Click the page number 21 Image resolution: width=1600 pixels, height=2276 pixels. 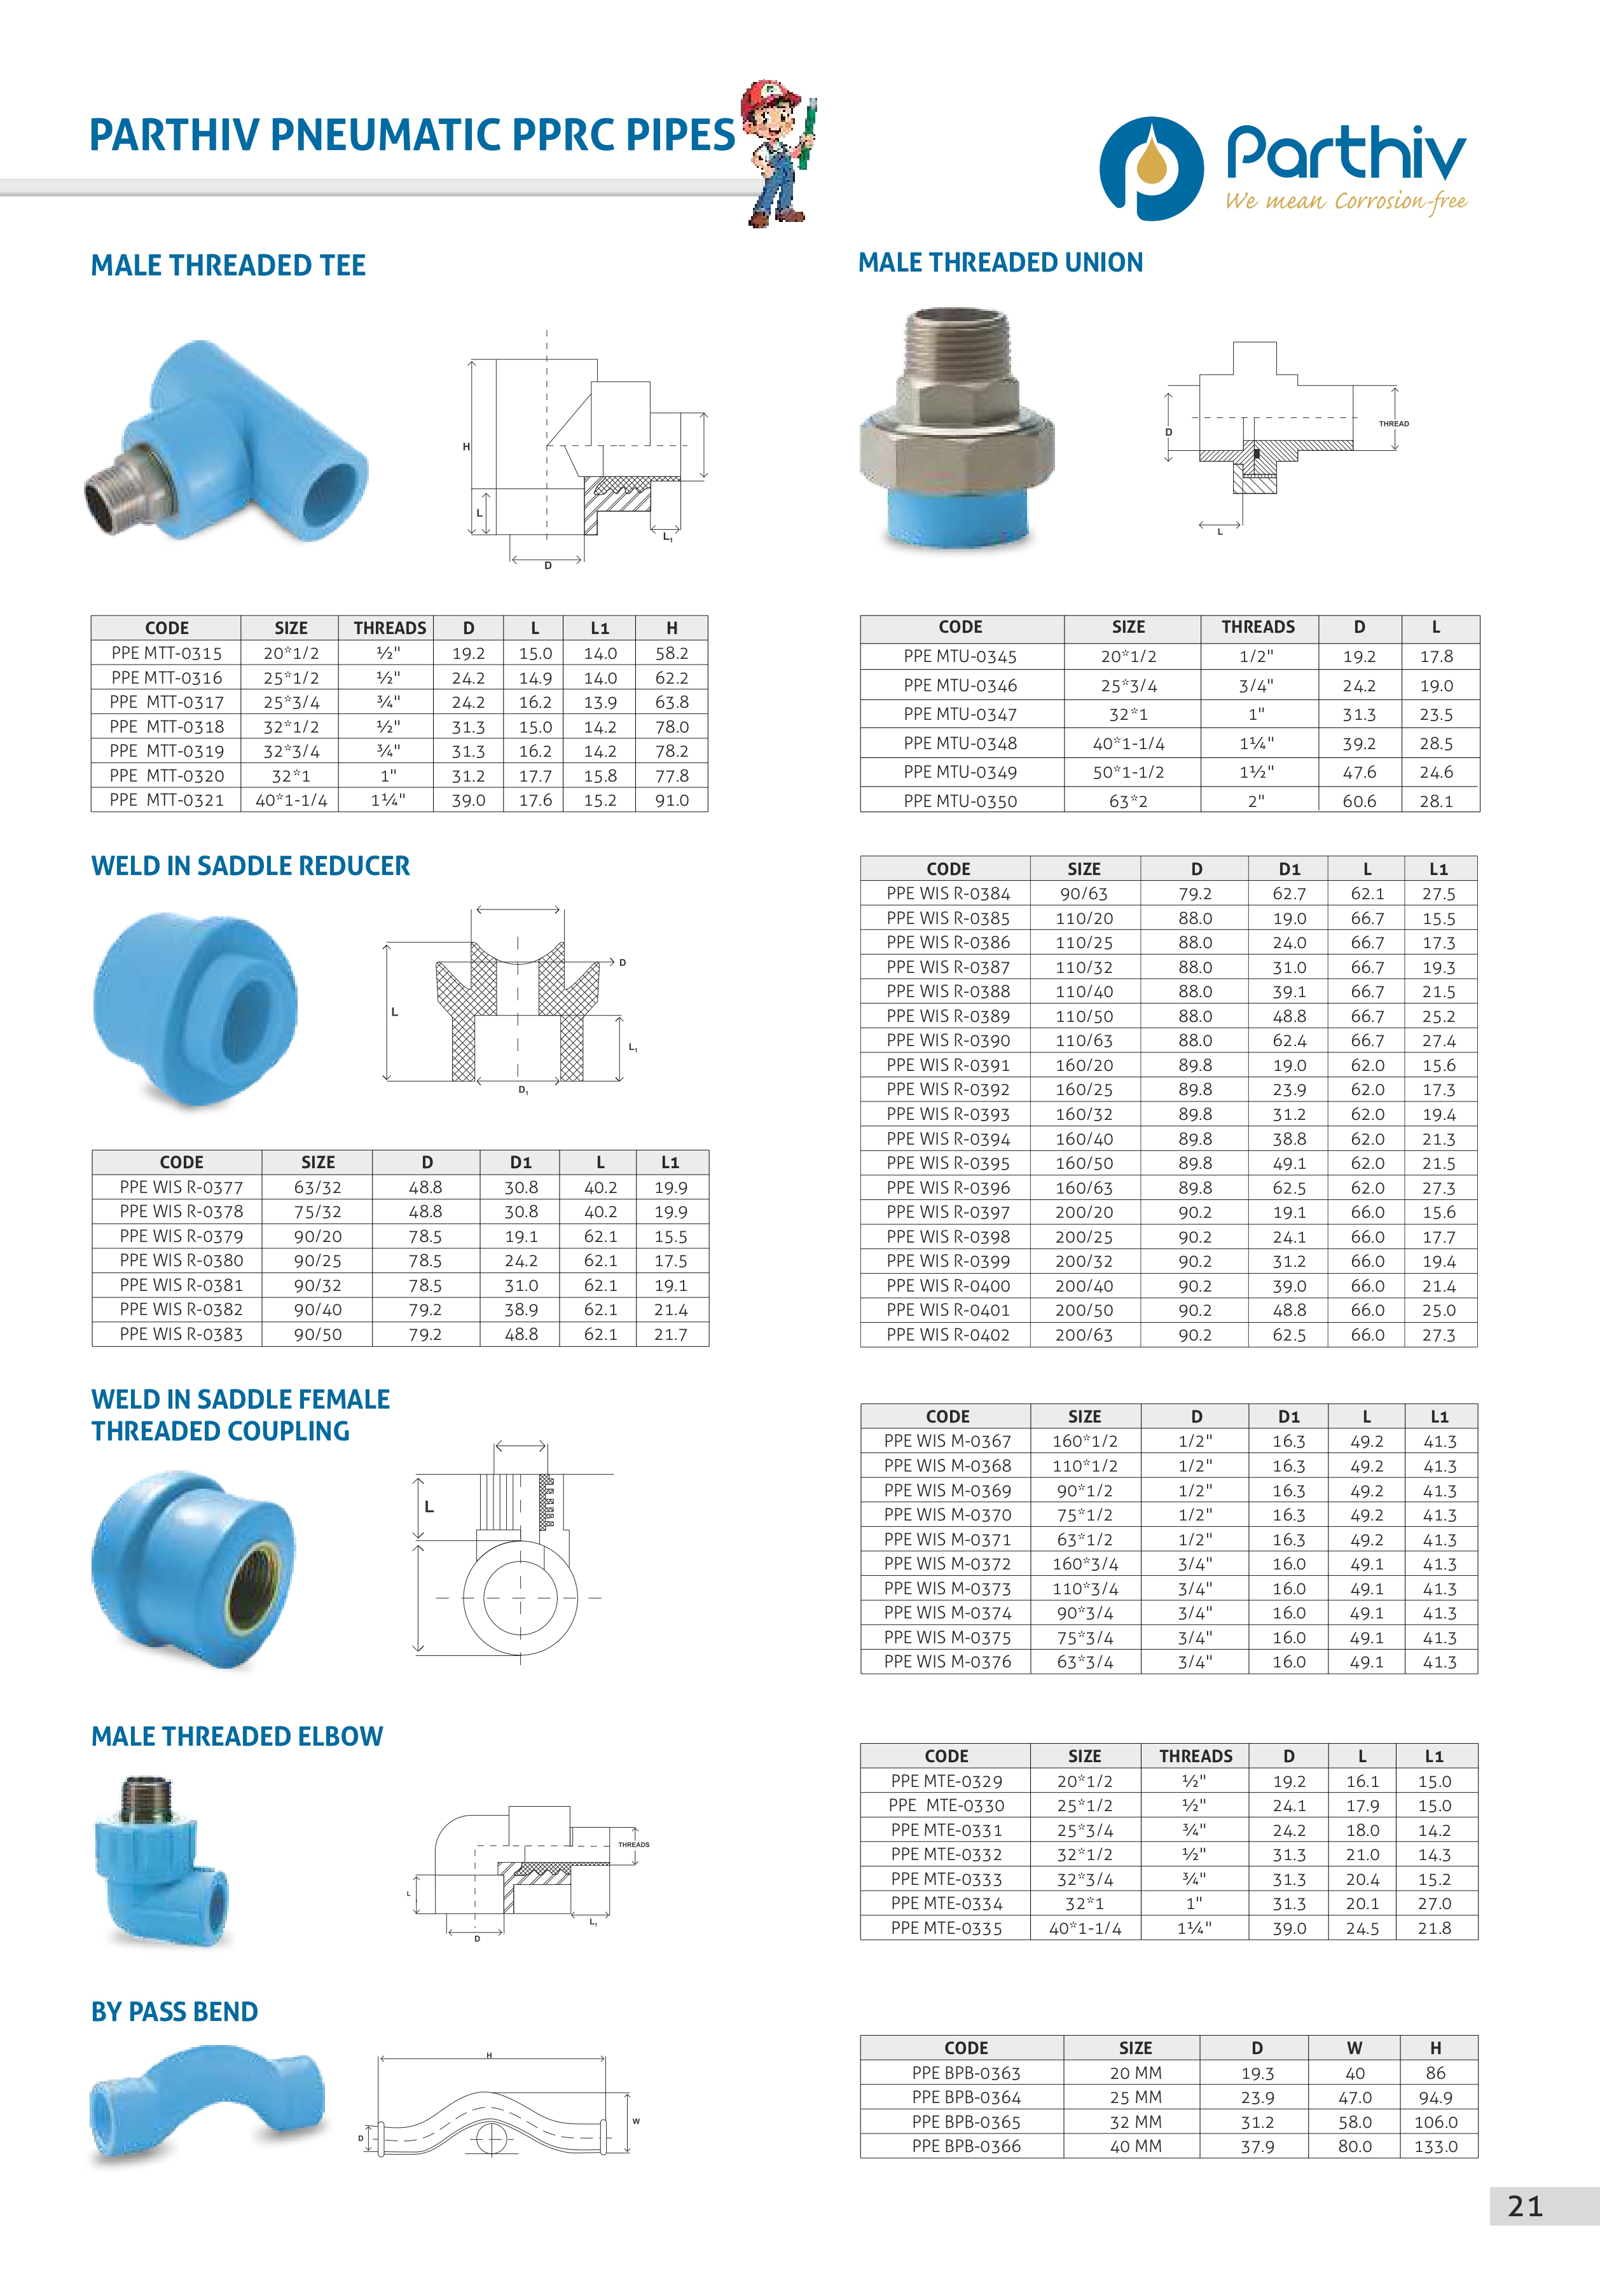click(x=1525, y=2207)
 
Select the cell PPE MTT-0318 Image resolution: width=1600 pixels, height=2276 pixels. click(x=167, y=727)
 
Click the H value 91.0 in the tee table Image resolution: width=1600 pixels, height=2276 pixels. click(x=671, y=800)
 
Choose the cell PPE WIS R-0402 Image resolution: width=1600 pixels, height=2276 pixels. click(x=948, y=1335)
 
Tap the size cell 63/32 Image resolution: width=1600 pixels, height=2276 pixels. click(x=317, y=1187)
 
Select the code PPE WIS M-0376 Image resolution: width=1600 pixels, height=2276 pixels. click(x=948, y=1662)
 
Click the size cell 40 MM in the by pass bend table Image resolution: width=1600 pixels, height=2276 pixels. click(x=1135, y=2146)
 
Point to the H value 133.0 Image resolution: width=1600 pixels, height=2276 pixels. click(x=1435, y=2146)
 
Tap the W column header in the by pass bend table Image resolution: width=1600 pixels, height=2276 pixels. click(x=1354, y=2048)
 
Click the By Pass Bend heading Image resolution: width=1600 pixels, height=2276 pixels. click(x=174, y=2011)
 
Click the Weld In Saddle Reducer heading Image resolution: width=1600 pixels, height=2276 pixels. click(x=250, y=866)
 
